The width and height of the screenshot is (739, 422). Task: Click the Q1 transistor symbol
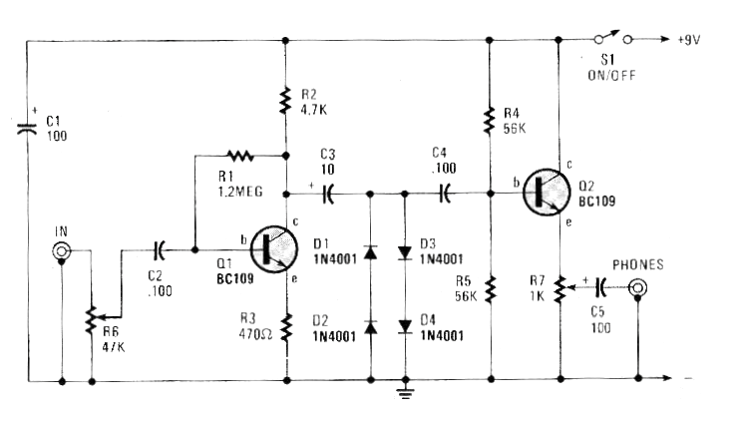(x=274, y=248)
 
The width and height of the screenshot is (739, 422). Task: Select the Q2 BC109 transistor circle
(x=547, y=193)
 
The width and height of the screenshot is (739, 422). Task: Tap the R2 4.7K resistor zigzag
(x=284, y=101)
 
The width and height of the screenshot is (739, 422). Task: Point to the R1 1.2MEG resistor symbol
(x=240, y=155)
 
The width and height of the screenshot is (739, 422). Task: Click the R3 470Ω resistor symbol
(x=286, y=327)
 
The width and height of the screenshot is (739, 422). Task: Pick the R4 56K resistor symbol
(x=490, y=121)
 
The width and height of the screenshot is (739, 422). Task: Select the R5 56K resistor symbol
(x=491, y=288)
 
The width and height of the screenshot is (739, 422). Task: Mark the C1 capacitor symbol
(x=27, y=128)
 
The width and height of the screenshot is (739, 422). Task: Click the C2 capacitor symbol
(x=159, y=249)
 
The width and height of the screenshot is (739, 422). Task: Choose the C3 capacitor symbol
(x=328, y=194)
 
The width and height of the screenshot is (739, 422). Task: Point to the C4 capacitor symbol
(x=445, y=194)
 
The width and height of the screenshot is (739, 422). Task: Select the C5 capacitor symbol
(x=600, y=287)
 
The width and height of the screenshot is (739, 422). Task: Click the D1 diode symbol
(x=370, y=252)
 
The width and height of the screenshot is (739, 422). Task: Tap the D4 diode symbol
(x=405, y=326)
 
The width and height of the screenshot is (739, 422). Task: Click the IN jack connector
(x=61, y=250)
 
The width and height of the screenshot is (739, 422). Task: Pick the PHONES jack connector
(x=637, y=287)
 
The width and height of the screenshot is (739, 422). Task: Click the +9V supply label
(x=688, y=40)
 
